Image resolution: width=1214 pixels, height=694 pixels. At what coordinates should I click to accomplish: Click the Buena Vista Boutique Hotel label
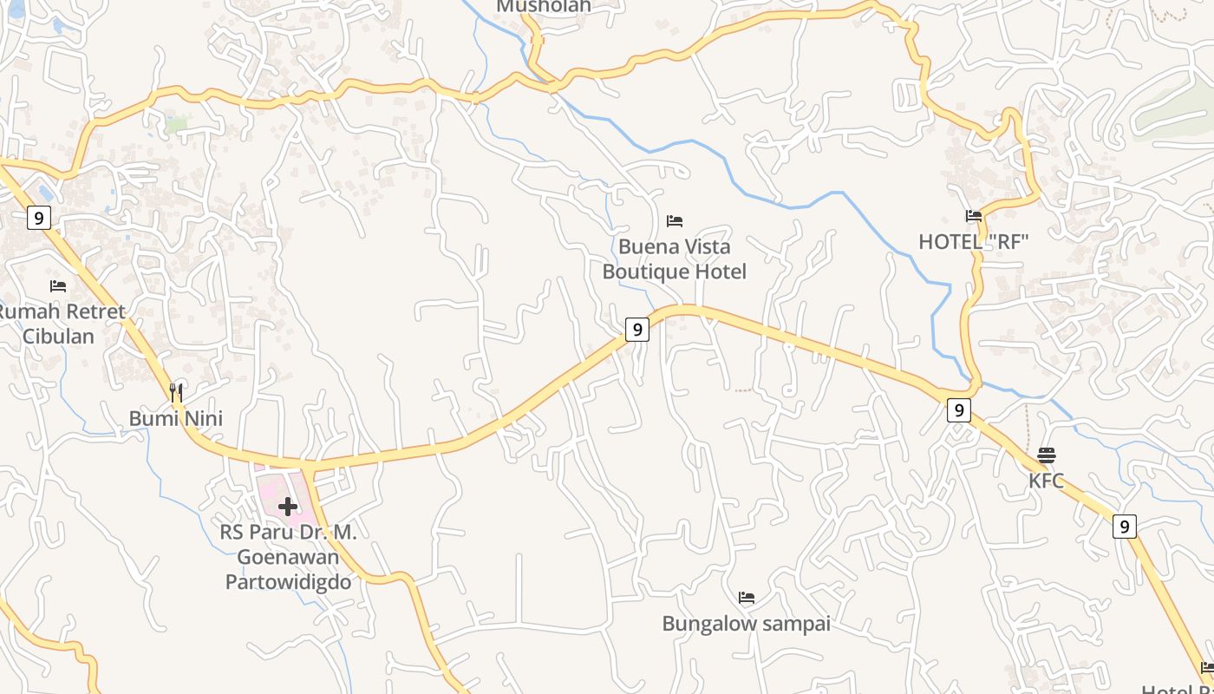click(x=674, y=259)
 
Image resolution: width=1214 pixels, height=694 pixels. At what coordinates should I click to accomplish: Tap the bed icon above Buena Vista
click(x=675, y=221)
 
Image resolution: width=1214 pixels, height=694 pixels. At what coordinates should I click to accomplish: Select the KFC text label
click(x=1046, y=481)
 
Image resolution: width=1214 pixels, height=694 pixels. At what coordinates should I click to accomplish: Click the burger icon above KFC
click(x=1047, y=455)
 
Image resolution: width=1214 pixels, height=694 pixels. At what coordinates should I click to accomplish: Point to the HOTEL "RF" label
click(x=973, y=242)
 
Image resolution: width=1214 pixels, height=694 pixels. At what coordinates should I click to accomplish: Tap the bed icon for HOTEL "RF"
click(x=974, y=216)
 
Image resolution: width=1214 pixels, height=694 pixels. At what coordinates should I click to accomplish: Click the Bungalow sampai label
click(x=746, y=624)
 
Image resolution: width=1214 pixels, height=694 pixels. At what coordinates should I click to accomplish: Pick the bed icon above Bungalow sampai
click(x=747, y=598)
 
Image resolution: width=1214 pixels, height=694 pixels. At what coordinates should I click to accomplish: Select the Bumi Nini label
click(x=176, y=419)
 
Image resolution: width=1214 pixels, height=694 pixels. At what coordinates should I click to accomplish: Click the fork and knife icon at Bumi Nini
click(x=177, y=393)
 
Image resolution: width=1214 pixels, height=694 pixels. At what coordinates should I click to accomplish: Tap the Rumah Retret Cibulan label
click(x=59, y=324)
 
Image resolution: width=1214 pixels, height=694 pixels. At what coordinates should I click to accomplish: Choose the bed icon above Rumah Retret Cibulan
click(x=58, y=285)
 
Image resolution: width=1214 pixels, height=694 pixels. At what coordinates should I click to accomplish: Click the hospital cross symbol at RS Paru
click(x=288, y=507)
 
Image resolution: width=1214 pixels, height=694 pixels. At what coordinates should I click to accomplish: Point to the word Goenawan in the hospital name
click(x=289, y=557)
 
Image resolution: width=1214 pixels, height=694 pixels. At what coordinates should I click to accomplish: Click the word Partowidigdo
click(x=289, y=581)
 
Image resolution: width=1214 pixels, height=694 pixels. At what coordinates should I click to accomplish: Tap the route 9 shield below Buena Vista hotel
click(x=637, y=330)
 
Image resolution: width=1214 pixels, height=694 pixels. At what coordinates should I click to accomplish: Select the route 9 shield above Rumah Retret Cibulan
click(x=38, y=218)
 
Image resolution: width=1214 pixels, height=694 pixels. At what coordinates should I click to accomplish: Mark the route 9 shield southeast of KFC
click(x=1124, y=526)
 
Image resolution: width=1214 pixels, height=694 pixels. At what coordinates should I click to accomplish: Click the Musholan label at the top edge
click(x=544, y=7)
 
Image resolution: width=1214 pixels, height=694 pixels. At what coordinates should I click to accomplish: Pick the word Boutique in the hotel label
click(x=641, y=272)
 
